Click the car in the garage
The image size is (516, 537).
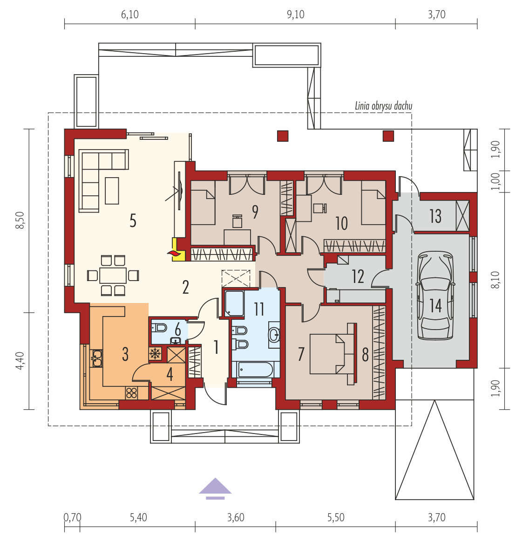[435, 296]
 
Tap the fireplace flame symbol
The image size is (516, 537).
[174, 253]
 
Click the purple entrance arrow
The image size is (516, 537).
[215, 489]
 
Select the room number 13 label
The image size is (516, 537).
[435, 216]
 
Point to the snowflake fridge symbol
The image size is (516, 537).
[156, 353]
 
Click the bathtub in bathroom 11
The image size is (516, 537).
[255, 370]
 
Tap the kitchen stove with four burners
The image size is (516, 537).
[131, 393]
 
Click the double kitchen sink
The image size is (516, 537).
[96, 358]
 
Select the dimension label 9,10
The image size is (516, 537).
[296, 14]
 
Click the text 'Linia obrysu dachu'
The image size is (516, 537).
[383, 106]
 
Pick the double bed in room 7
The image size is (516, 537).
[333, 354]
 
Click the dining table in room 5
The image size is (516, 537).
[113, 275]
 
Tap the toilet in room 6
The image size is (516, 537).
[159, 328]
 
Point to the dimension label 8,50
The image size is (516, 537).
[20, 220]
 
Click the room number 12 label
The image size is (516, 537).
[358, 276]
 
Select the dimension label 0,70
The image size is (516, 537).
[73, 517]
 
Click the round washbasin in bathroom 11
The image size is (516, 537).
[274, 335]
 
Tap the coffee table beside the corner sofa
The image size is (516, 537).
[112, 191]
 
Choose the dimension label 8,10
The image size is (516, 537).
[496, 280]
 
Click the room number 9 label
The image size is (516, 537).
[255, 212]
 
